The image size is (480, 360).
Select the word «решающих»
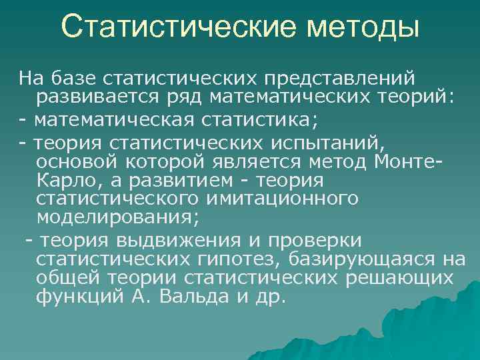[400, 277]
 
